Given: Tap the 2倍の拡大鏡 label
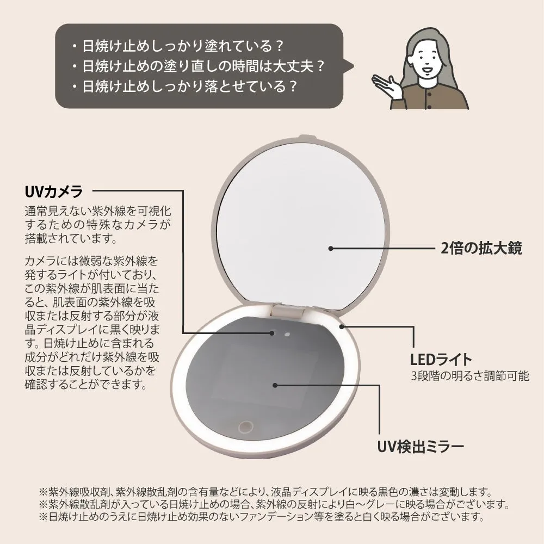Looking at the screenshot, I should coord(481,249).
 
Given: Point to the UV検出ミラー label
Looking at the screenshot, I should coord(421,447).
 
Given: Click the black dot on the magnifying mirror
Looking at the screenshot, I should coord(330,248).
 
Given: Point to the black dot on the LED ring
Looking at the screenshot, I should coord(342,326).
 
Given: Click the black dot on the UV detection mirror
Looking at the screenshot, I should coord(275,385).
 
